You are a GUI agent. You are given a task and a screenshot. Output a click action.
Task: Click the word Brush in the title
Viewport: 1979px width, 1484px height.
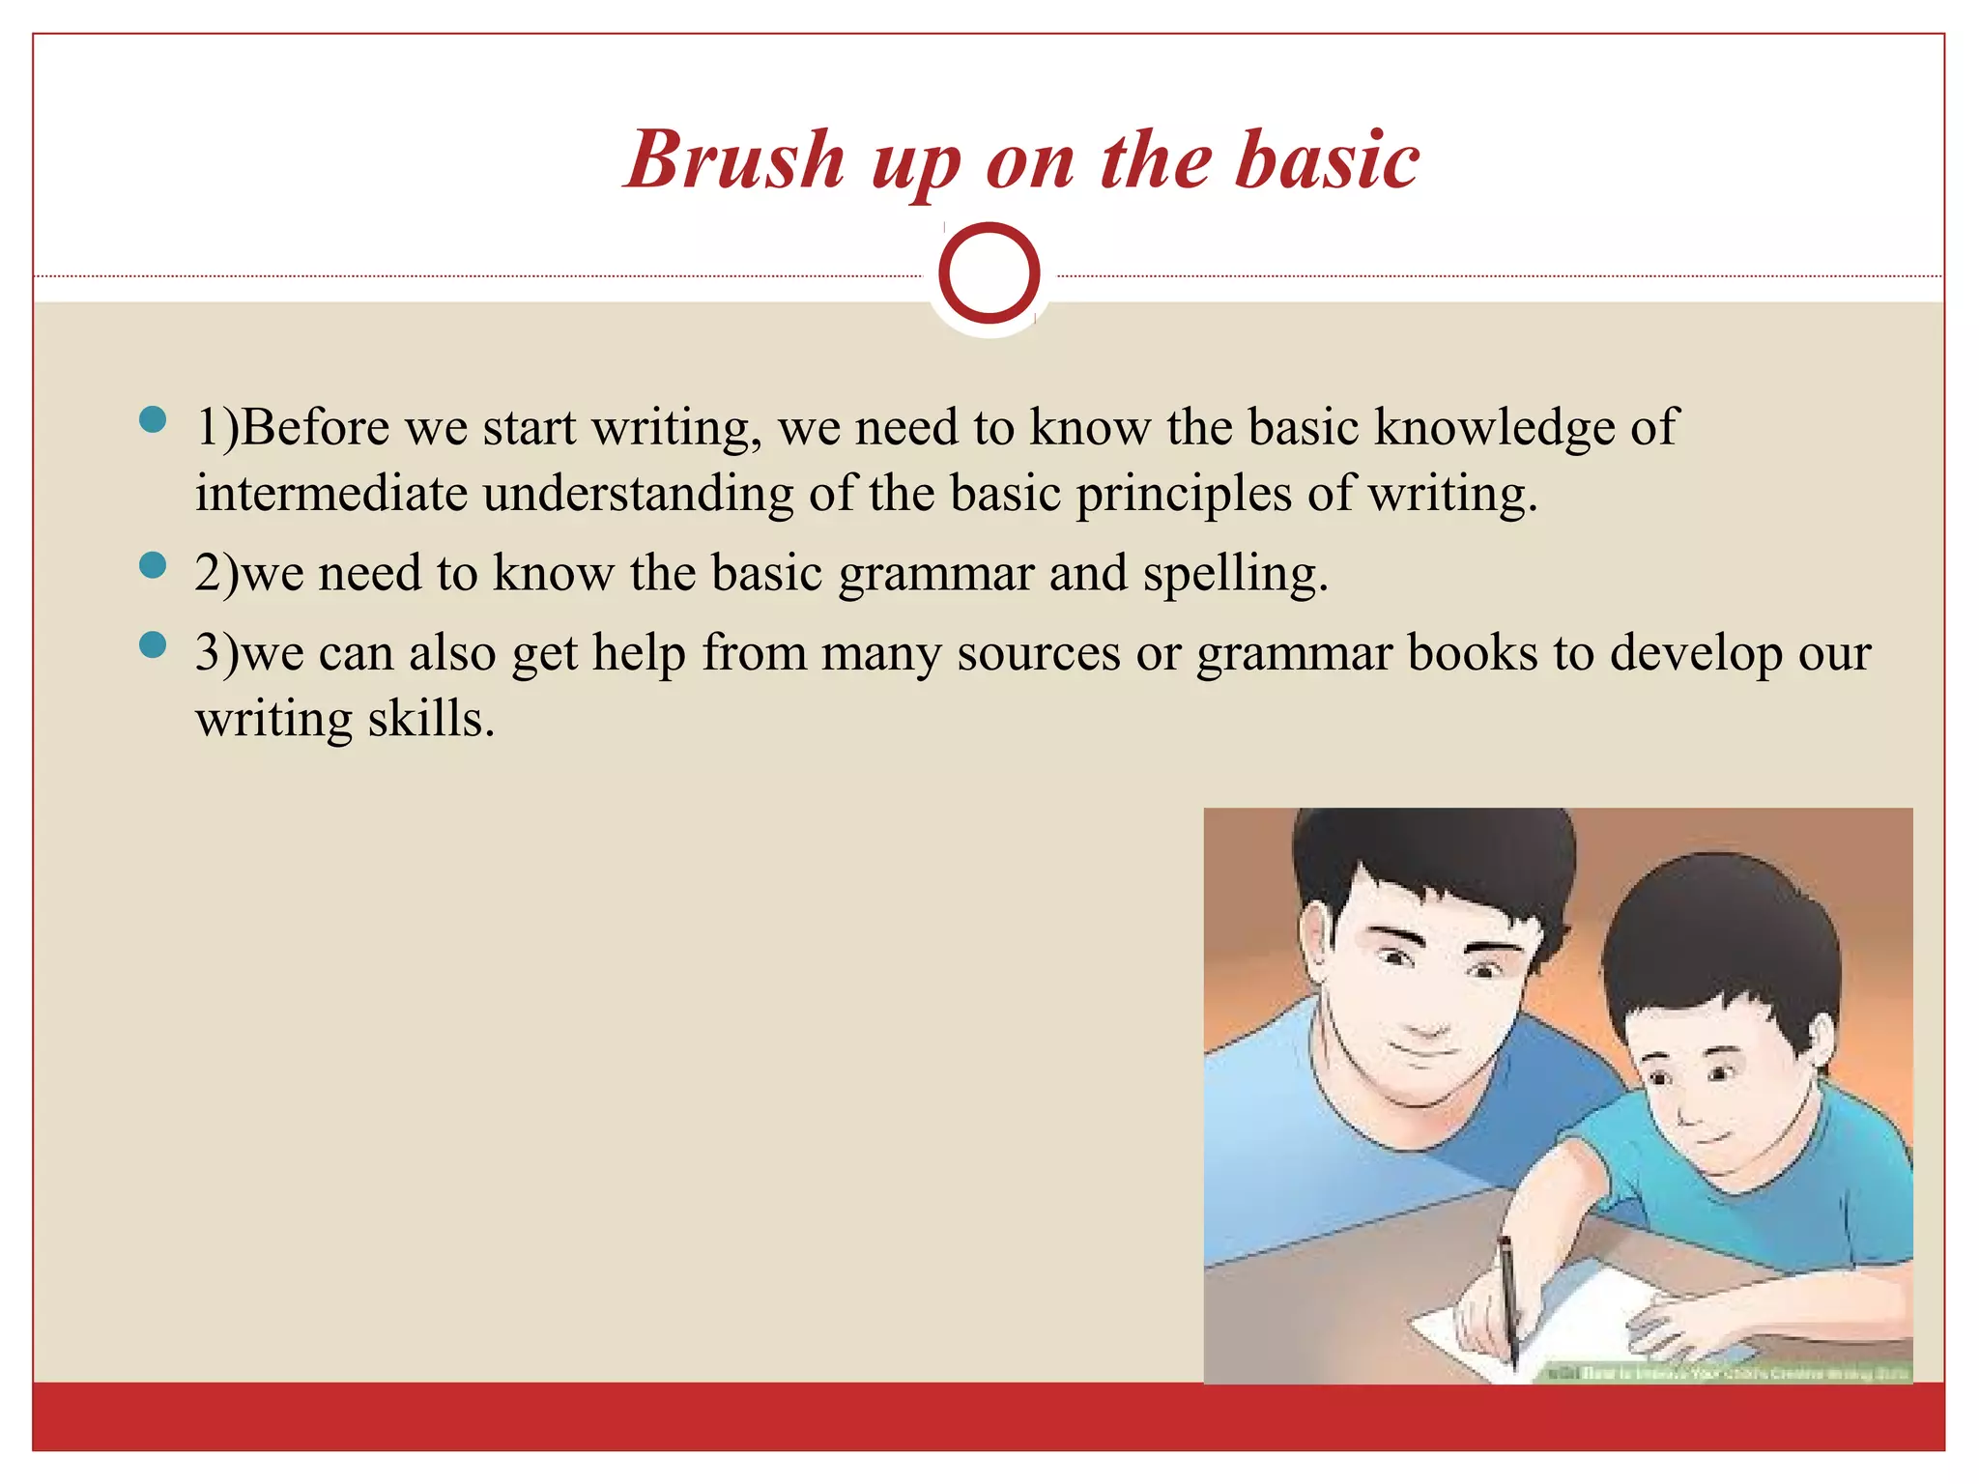coord(734,160)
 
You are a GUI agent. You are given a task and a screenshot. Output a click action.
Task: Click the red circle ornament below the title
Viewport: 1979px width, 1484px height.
coord(989,273)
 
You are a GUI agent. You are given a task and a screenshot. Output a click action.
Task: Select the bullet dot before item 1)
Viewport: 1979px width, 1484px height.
coord(153,419)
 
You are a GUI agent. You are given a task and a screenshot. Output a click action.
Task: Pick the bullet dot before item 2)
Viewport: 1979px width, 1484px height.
coord(153,565)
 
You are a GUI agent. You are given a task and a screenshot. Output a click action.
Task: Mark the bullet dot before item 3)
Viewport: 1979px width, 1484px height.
coord(153,644)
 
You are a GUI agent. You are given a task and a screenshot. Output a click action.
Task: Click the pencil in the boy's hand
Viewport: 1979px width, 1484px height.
coord(1507,1295)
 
